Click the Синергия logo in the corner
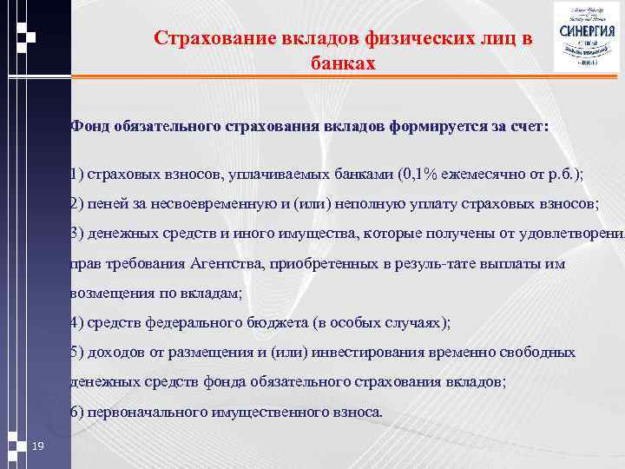(588, 36)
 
